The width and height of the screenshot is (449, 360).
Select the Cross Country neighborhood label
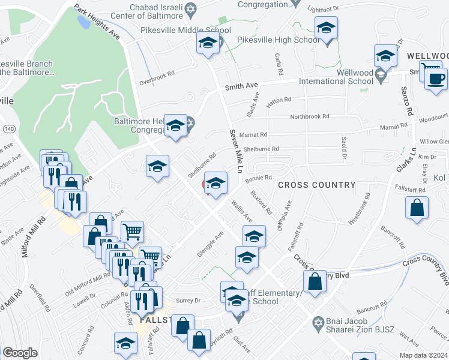[x=317, y=185]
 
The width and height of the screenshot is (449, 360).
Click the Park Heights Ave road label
[x=96, y=23]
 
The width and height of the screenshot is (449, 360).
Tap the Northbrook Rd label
[x=310, y=116]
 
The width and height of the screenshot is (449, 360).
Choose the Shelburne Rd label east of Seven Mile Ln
[x=261, y=149]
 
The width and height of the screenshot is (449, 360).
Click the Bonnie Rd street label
[x=259, y=178]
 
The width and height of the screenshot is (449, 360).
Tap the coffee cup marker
[x=436, y=79]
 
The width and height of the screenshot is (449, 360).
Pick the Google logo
[x=20, y=353]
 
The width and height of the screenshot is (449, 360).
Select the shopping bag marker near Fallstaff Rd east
[x=417, y=208]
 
